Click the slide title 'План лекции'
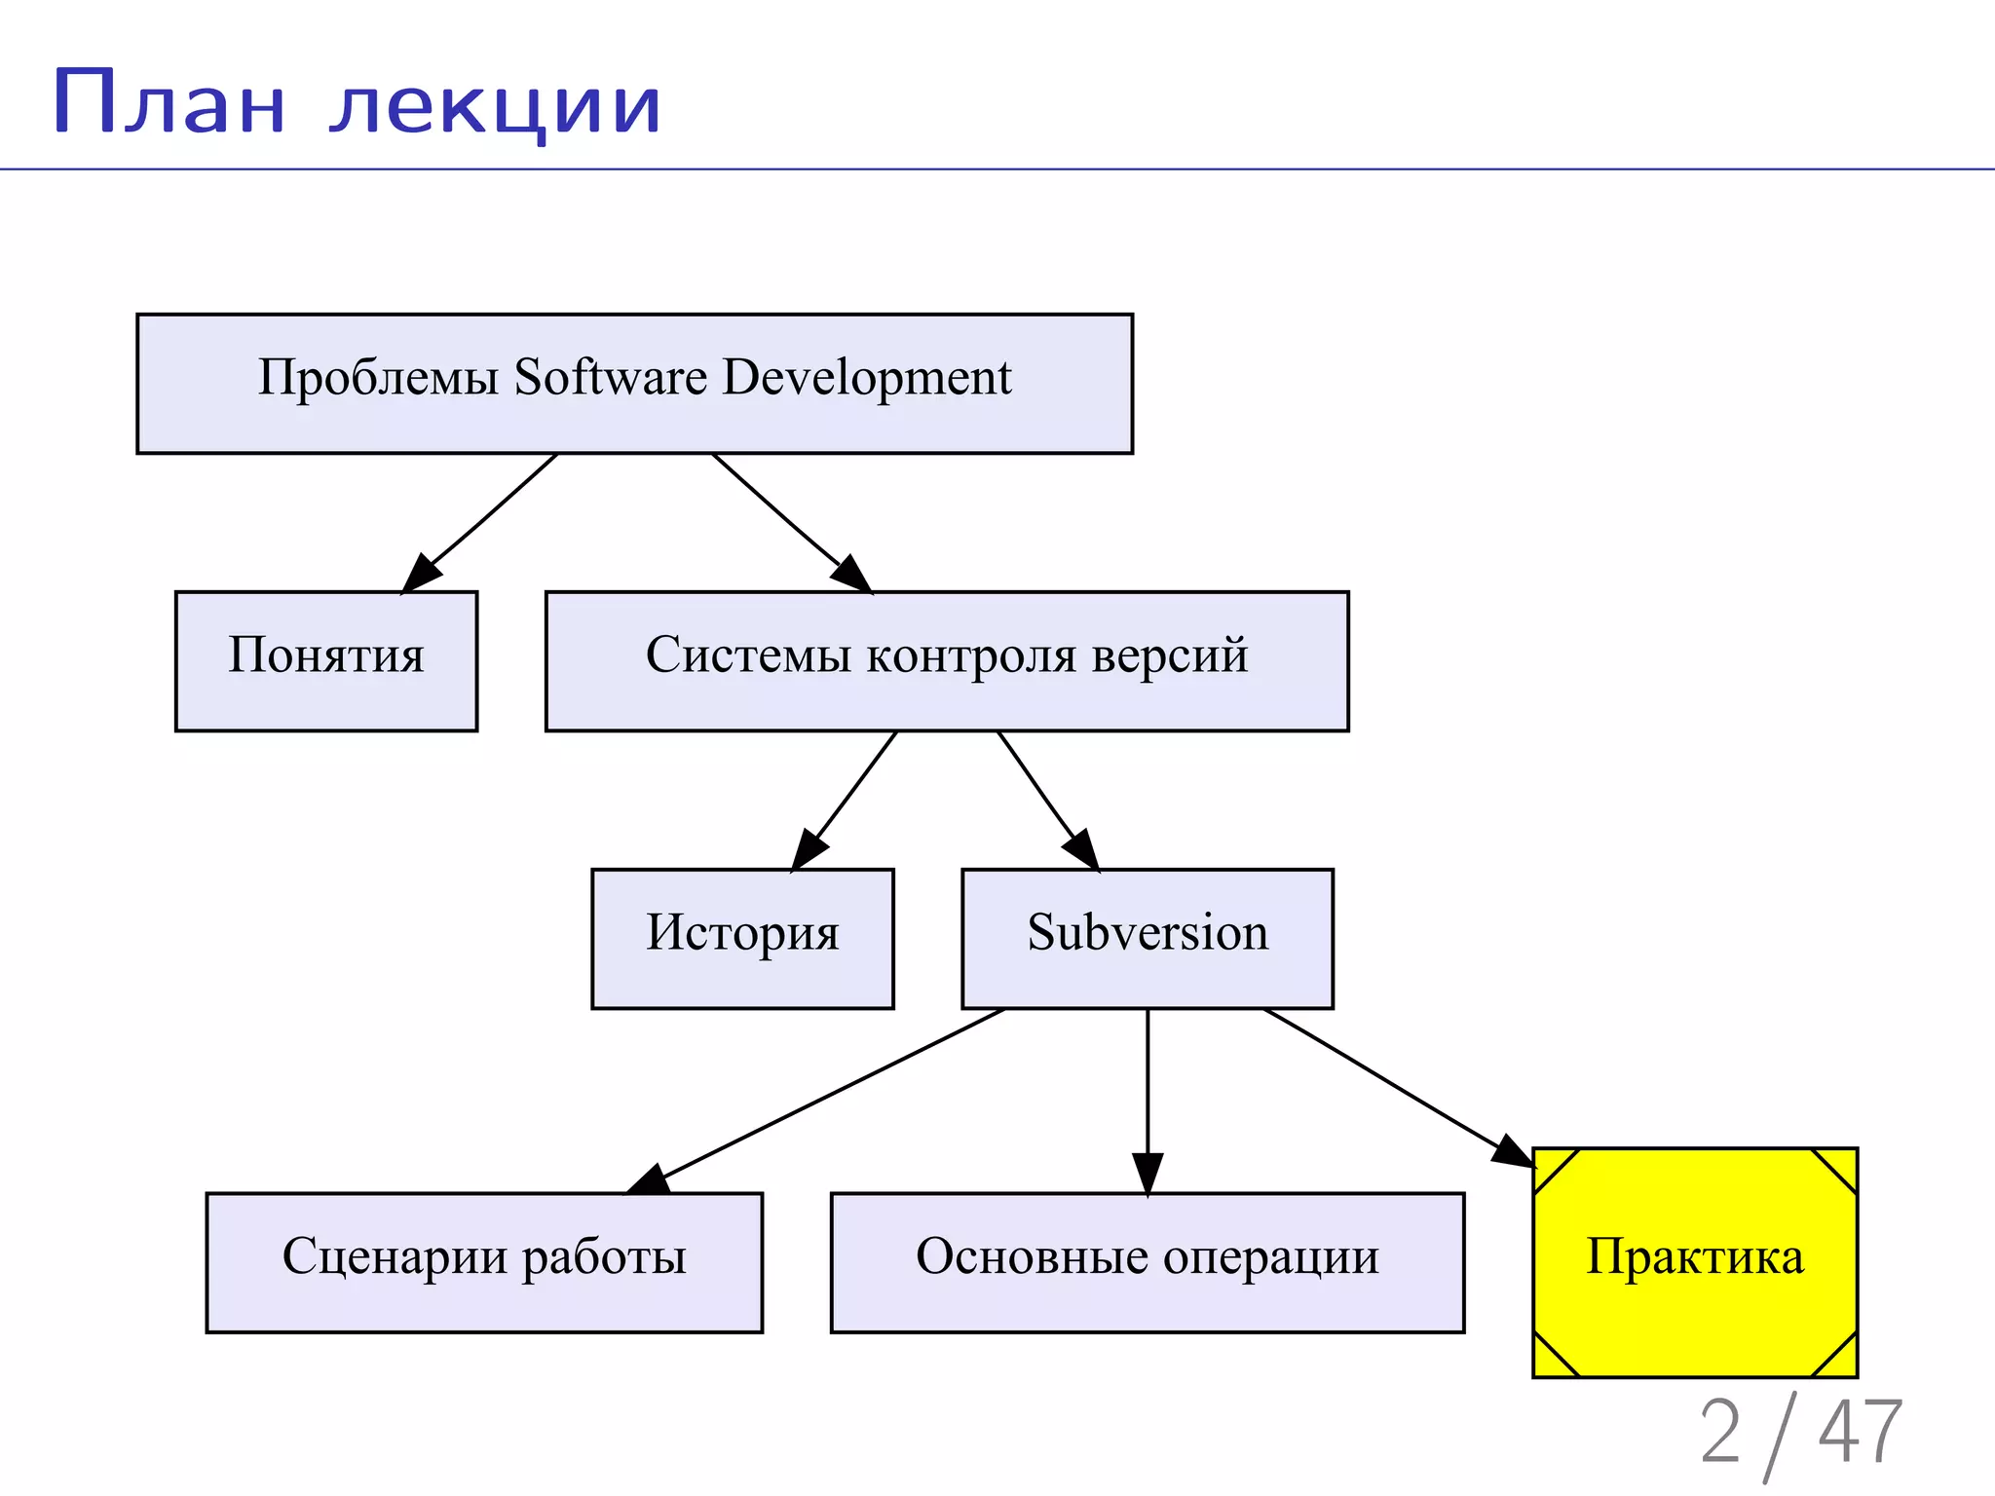[357, 103]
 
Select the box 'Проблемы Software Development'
[634, 383]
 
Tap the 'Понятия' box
[326, 660]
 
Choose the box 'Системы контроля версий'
[947, 660]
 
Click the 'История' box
[742, 938]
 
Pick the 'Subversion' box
[1148, 938]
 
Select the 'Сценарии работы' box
[484, 1261]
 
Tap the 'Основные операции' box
[1148, 1261]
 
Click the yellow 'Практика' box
[1695, 1261]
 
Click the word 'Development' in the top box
[867, 378]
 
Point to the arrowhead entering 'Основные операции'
[1148, 1174]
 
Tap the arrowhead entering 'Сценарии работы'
[650, 1179]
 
